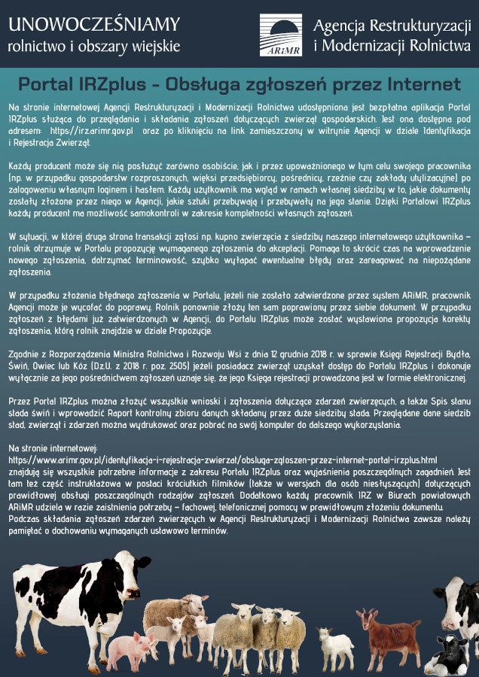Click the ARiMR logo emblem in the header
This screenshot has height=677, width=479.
tap(281, 35)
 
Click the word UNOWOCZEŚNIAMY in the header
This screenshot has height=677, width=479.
tap(94, 26)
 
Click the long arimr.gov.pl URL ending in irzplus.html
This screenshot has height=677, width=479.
tap(222, 459)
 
